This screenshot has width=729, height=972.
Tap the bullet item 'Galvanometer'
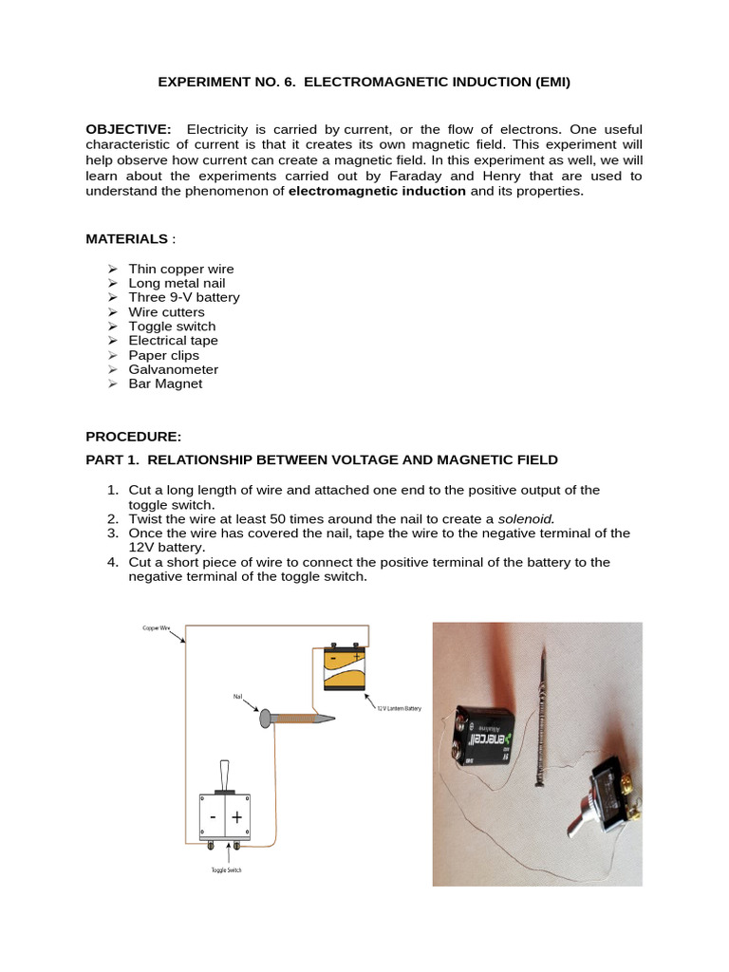[x=180, y=369]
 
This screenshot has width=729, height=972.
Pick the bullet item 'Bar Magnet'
[x=173, y=383]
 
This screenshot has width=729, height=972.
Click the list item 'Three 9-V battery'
[x=191, y=297]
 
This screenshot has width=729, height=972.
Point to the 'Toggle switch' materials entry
[x=179, y=326]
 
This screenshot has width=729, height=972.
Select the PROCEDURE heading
[x=132, y=437]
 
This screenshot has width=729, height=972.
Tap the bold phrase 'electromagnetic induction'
[x=377, y=191]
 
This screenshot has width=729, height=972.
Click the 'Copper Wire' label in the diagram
[x=158, y=628]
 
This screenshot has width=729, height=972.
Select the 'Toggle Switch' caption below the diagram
[x=226, y=869]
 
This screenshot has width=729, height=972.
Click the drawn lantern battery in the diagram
[x=345, y=670]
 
